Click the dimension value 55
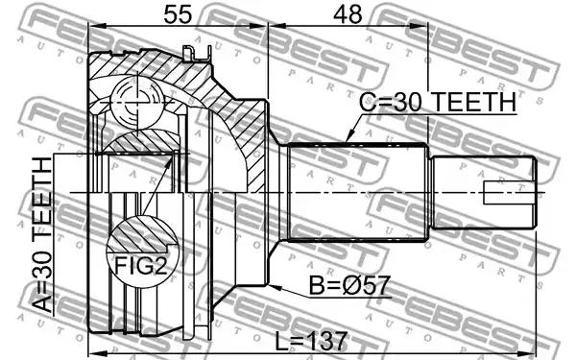(x=179, y=14)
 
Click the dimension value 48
(x=348, y=14)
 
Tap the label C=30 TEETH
(x=438, y=102)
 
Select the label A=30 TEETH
(x=42, y=235)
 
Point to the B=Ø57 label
(x=349, y=285)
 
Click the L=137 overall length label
(x=311, y=342)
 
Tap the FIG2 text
(x=141, y=265)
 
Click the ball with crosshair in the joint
(x=136, y=102)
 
